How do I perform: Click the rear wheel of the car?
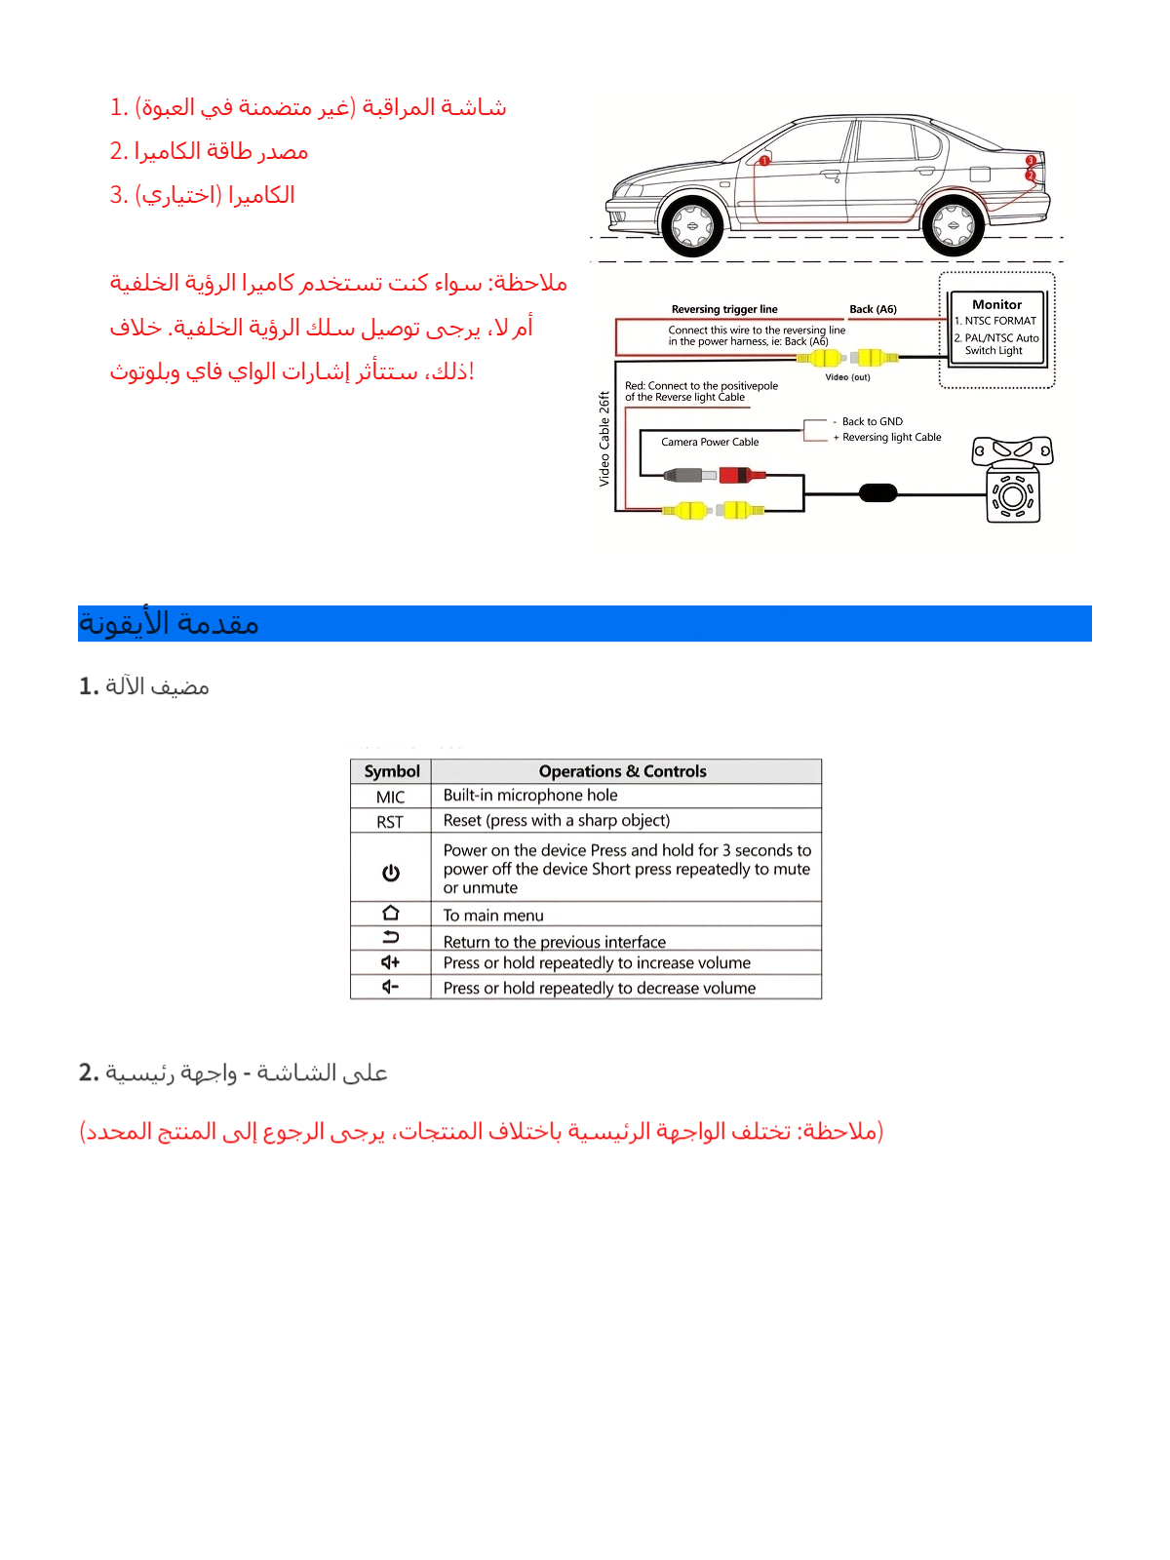(x=953, y=225)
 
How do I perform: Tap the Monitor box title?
(x=996, y=304)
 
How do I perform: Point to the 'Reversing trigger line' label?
(x=724, y=309)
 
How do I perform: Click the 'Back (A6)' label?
(x=873, y=309)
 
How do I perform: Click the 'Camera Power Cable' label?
(x=710, y=442)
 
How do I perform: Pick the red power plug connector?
(x=741, y=475)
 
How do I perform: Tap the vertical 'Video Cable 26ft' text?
(x=604, y=439)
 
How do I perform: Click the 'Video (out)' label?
(x=847, y=377)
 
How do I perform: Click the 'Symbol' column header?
(x=391, y=771)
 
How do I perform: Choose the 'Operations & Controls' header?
(x=622, y=771)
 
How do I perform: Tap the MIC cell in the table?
(x=390, y=797)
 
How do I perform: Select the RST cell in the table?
(x=390, y=822)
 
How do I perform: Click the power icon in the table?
(x=391, y=873)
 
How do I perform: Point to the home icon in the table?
(x=391, y=914)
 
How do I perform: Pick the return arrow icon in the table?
(x=391, y=938)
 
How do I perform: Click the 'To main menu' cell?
(x=493, y=916)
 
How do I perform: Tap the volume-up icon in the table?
(x=391, y=962)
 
